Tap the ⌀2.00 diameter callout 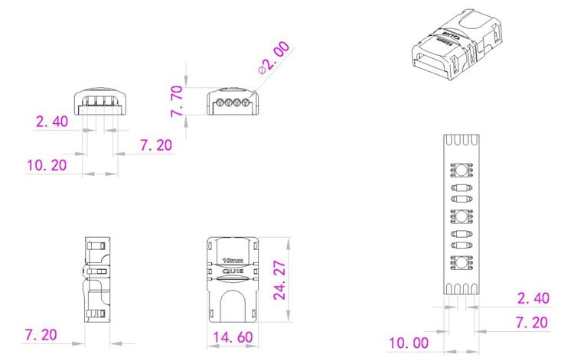click(x=275, y=59)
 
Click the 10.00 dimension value click(x=409, y=343)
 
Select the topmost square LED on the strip click(x=463, y=170)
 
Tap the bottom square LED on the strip click(x=463, y=263)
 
